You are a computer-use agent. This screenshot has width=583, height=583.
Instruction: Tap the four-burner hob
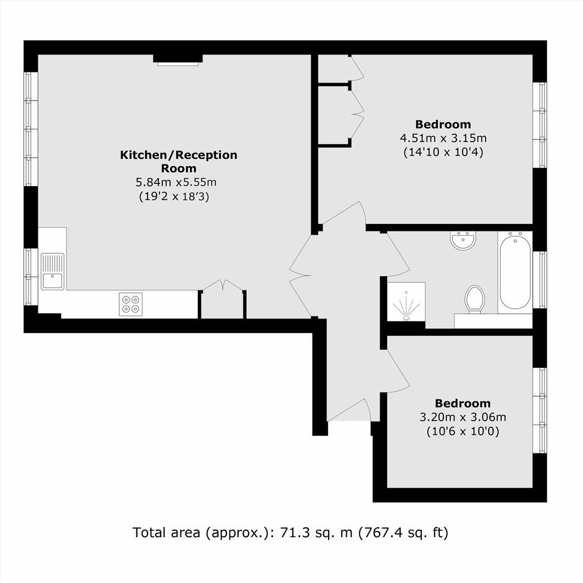pos(130,304)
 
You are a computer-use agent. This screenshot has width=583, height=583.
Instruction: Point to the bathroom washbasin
pos(463,241)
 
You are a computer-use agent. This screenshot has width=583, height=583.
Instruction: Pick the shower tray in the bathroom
pos(406,301)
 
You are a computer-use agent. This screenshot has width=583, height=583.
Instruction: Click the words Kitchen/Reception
pos(179,154)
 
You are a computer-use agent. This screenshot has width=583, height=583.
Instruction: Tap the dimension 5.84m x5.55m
pos(176,182)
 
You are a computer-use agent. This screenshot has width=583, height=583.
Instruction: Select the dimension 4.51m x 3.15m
pos(443,138)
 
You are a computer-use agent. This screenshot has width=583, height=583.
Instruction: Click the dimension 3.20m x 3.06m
pos(463,417)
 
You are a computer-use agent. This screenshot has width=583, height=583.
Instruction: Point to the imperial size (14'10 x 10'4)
pos(443,152)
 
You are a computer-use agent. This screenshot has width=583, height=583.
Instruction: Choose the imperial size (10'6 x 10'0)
pos(463,431)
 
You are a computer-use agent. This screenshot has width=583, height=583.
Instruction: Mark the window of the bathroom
pos(540,280)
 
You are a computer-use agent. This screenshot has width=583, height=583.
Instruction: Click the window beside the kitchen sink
pos(31,277)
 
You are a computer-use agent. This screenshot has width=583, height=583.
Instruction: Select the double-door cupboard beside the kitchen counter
pos(222,300)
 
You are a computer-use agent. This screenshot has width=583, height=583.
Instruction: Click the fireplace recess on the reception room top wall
pos(178,60)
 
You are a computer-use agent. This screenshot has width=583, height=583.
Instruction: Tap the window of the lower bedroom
pos(540,411)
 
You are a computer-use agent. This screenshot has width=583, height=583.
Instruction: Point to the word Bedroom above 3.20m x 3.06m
pos(463,403)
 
